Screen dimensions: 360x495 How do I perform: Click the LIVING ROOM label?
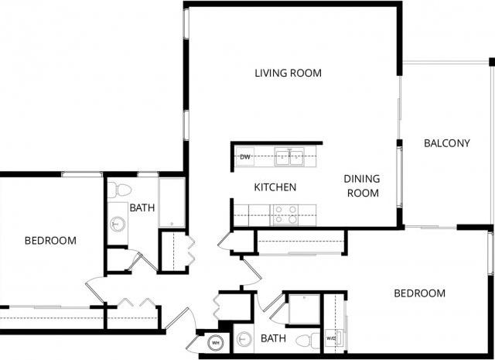288,74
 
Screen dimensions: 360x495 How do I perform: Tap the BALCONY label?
446,143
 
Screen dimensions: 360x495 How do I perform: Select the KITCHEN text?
275,187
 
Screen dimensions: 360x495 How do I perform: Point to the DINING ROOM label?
362,186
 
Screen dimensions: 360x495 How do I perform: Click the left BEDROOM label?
50,241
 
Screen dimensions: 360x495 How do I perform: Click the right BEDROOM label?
419,293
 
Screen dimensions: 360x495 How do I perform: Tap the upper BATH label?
141,207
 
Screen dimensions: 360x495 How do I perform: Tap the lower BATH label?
273,338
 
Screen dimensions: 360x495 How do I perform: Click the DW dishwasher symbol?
245,157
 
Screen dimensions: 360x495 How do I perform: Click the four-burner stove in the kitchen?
283,214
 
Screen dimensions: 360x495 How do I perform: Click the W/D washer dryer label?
331,338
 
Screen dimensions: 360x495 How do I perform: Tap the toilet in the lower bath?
305,340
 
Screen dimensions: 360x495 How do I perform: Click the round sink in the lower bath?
244,340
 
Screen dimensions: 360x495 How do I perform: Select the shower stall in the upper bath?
172,204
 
